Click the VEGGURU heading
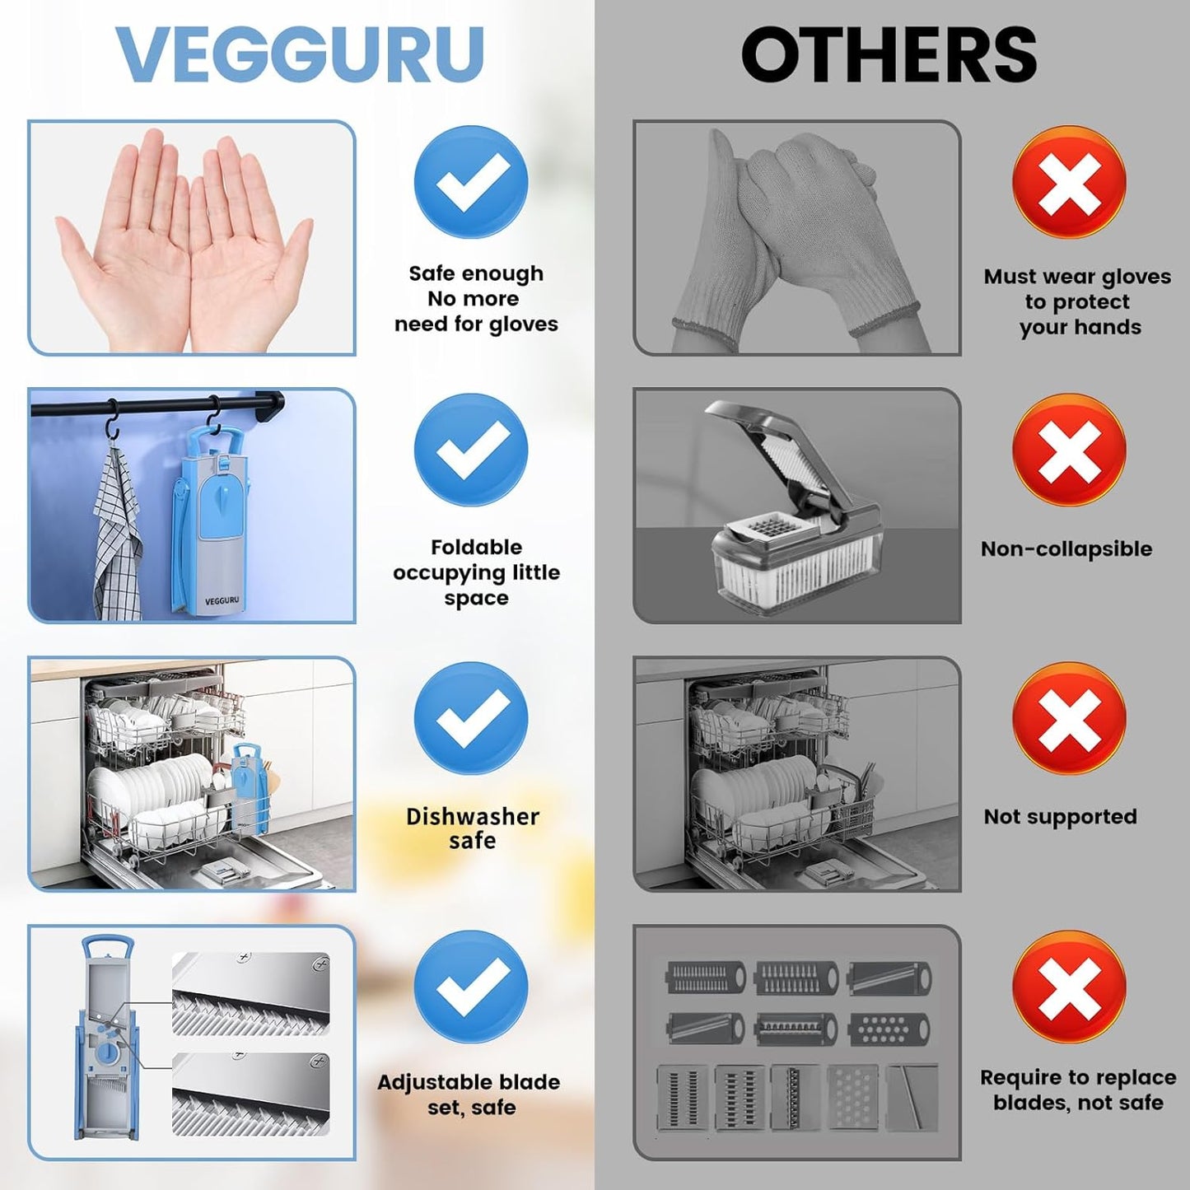pyautogui.click(x=299, y=54)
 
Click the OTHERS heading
pyautogui.click(x=889, y=54)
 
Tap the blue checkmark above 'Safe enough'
pyautogui.click(x=471, y=182)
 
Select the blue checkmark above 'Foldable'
pyautogui.click(x=471, y=450)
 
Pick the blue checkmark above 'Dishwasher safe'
pyautogui.click(x=471, y=718)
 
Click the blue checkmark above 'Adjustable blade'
pyautogui.click(x=471, y=987)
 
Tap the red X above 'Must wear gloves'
pyautogui.click(x=1069, y=182)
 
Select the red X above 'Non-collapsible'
pyautogui.click(x=1069, y=450)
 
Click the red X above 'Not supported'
pyautogui.click(x=1069, y=718)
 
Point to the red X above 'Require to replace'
pyautogui.click(x=1069, y=987)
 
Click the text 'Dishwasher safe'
pyautogui.click(x=472, y=828)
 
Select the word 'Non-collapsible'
pyautogui.click(x=1066, y=549)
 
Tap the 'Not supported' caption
pyautogui.click(x=1060, y=817)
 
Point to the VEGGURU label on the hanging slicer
pyautogui.click(x=222, y=601)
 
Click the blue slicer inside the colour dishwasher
pyautogui.click(x=246, y=786)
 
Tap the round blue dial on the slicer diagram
pyautogui.click(x=107, y=1054)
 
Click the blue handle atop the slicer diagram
pyautogui.click(x=107, y=945)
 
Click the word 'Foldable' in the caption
pyautogui.click(x=476, y=548)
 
